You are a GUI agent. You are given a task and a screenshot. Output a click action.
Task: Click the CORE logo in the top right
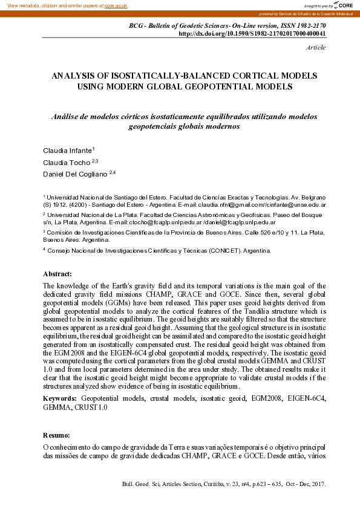click(342, 5)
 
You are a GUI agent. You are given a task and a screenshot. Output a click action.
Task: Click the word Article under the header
click(316, 47)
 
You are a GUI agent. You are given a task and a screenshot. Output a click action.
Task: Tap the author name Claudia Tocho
click(65, 163)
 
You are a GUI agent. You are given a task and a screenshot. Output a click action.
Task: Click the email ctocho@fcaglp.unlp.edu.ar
click(165, 222)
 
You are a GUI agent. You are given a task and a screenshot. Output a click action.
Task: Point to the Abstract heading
click(57, 274)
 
